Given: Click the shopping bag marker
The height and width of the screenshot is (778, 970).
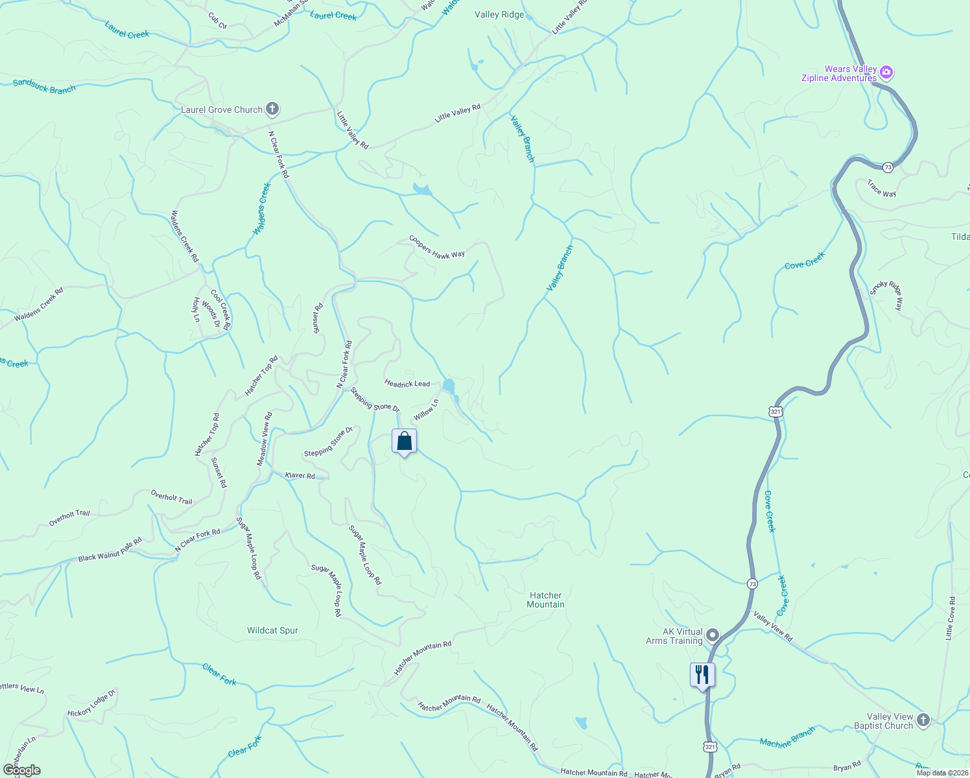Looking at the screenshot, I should [x=404, y=442].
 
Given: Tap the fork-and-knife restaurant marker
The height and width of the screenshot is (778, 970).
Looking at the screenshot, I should [x=702, y=676].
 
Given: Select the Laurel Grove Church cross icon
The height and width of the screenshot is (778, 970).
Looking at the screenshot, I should [x=272, y=110].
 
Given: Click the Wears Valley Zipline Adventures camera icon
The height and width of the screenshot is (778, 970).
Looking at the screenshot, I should [x=886, y=73].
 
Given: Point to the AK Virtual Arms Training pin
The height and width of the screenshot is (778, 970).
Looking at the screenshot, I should [x=713, y=635].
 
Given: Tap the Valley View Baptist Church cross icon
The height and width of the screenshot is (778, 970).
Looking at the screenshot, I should [x=923, y=720].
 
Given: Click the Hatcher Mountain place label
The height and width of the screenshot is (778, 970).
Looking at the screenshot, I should [x=545, y=600].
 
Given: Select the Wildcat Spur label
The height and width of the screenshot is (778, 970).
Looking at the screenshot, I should [x=272, y=630].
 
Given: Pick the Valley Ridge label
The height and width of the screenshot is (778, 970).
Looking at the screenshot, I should [x=499, y=14].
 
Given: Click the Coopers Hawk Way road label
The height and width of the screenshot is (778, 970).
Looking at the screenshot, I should [x=437, y=247].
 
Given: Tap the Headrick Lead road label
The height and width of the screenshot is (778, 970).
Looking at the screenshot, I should [x=407, y=384].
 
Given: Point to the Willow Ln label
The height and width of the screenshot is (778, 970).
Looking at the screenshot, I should [x=426, y=410].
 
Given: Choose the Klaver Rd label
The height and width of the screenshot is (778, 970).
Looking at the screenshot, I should [x=300, y=475].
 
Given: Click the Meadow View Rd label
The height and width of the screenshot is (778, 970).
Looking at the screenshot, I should [x=265, y=439].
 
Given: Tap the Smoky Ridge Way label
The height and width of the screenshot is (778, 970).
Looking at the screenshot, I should [x=886, y=296].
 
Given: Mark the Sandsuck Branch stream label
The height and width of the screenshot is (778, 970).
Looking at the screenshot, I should [x=44, y=86].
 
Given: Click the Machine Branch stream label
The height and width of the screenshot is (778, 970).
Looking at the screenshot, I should [x=787, y=738].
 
